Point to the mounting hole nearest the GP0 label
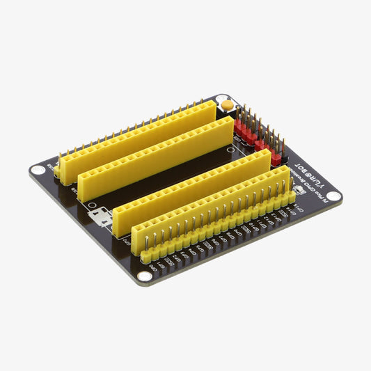click(x=143, y=276)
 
